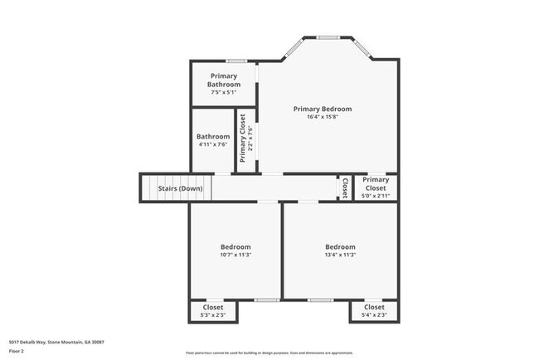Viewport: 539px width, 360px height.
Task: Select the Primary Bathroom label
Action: [224, 80]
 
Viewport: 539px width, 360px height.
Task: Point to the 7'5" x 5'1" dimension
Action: [224, 92]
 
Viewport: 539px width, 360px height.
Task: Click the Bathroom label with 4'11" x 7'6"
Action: [213, 137]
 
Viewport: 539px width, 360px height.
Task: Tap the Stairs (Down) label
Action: [180, 188]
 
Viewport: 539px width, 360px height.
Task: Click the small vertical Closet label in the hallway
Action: [344, 188]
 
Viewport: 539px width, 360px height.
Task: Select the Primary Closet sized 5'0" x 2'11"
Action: [376, 184]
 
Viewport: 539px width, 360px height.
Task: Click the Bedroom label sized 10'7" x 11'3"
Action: [236, 247]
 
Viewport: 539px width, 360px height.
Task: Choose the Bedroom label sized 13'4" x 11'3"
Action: [340, 247]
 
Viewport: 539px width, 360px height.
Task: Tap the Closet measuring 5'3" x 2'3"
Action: [214, 308]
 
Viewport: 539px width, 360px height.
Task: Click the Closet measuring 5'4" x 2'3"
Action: [374, 308]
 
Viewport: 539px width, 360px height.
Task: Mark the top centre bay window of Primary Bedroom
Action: [328, 37]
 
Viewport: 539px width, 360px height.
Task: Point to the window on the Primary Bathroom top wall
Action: [237, 61]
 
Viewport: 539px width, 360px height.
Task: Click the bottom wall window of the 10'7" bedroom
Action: [266, 299]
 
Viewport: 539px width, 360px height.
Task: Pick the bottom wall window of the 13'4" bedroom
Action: [320, 299]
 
